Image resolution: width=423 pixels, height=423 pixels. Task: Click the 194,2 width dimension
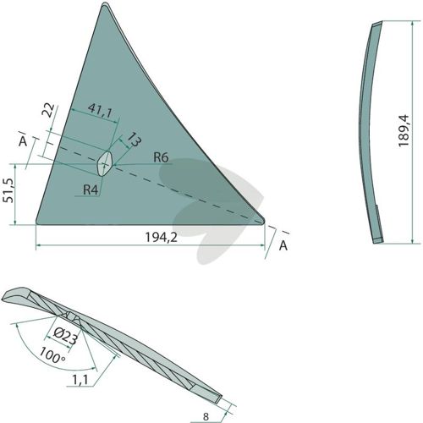point(161,238)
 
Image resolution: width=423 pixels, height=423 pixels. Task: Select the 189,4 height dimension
point(404,130)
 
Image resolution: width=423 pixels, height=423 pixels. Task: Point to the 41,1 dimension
point(100,110)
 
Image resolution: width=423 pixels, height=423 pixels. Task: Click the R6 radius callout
point(161,157)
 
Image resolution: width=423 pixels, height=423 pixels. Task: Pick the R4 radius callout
point(91,190)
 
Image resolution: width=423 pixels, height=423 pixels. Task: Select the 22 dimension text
point(47,110)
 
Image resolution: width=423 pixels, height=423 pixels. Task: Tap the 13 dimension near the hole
point(133,140)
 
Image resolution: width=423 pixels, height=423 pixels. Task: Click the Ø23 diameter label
point(65,337)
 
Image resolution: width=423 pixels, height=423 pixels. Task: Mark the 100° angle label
point(52,355)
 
